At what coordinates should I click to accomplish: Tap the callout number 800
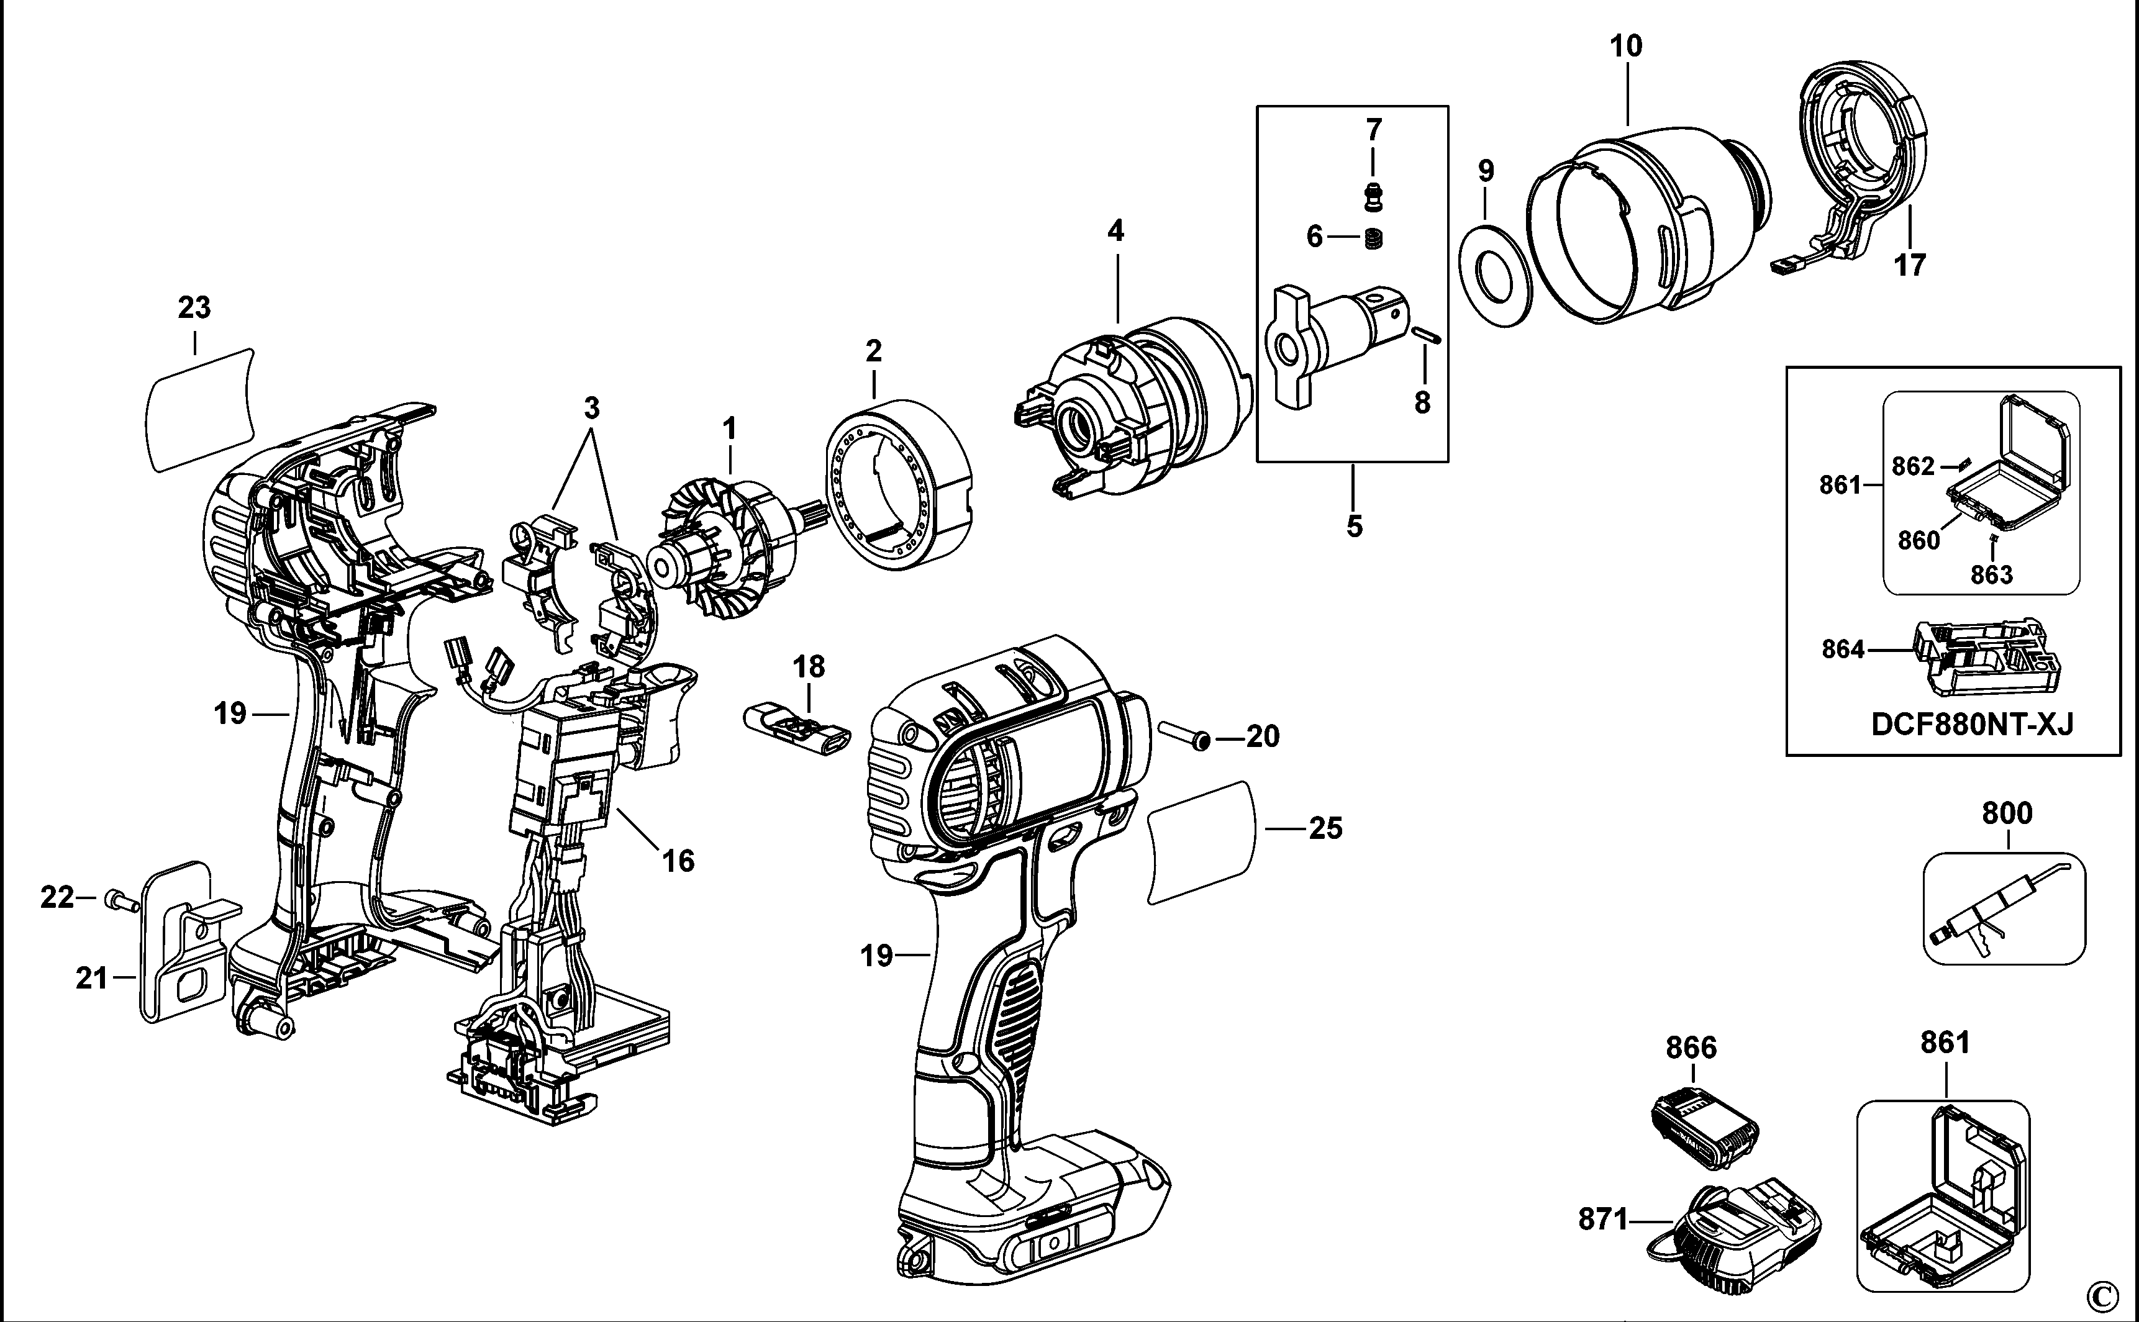point(2006,813)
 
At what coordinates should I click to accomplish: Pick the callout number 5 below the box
point(1354,527)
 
